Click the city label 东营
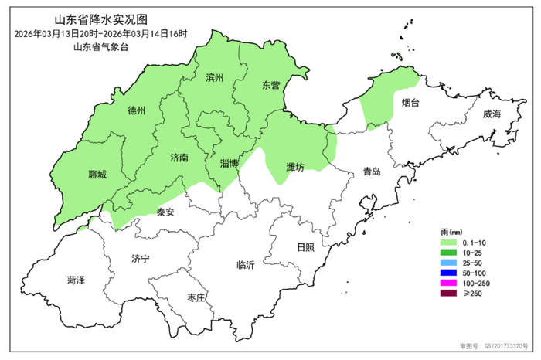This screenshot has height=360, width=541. pos(270,84)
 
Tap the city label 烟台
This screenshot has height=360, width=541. pos(410,102)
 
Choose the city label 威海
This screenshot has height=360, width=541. pos(492,114)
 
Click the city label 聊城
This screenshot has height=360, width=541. pos(97,175)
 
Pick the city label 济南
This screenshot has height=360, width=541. pos(179,157)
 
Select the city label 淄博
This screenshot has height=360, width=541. pos(229,164)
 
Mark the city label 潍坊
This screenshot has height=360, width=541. pos(294,167)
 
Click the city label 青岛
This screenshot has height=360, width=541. pos(372,172)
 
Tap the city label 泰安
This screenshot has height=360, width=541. pos(165,212)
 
